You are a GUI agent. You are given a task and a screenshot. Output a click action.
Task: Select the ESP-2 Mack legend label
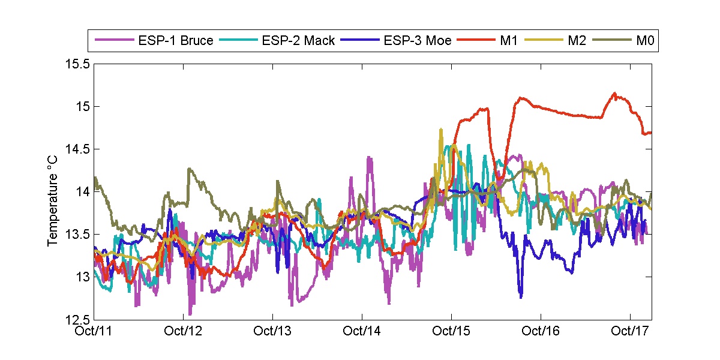point(298,41)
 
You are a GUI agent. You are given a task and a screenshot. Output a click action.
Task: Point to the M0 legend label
point(644,41)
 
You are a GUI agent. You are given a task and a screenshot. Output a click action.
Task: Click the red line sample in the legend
point(473,41)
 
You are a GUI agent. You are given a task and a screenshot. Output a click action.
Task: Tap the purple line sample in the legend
point(114,41)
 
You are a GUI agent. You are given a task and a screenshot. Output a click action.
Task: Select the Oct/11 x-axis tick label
point(95,331)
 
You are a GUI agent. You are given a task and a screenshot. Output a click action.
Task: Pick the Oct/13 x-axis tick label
point(273,331)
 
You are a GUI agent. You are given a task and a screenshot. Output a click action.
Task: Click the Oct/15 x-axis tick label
point(451,331)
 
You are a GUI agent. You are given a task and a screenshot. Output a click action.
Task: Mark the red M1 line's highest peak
point(614,93)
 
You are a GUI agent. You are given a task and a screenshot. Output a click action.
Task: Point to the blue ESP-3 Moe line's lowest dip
point(520,297)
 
